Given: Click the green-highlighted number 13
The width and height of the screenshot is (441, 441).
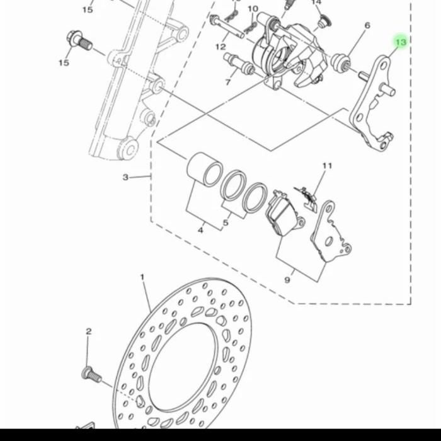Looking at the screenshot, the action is click(401, 42).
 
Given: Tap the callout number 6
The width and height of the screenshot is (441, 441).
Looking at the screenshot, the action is click(367, 26).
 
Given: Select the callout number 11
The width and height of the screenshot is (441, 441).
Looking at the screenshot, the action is click(327, 166).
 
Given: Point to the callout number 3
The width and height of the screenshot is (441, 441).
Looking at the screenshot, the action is click(125, 177).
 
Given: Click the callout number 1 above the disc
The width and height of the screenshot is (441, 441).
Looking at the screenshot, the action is click(142, 277).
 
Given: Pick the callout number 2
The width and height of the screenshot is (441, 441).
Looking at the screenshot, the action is click(89, 331).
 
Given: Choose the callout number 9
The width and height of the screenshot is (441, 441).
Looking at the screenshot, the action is click(287, 280).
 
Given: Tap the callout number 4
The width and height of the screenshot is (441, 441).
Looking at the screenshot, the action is click(200, 231).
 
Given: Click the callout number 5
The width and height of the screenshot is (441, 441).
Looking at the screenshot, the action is click(226, 223).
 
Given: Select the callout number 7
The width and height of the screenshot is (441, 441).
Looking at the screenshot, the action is click(228, 82).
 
